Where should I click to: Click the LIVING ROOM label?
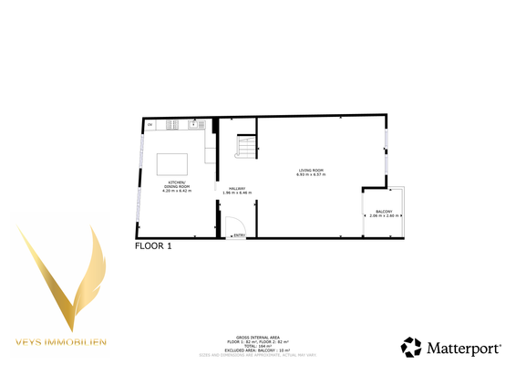click(x=311, y=171)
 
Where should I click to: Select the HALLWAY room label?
click(x=235, y=188)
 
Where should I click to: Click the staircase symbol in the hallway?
click(x=246, y=146)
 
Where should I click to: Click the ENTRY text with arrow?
click(x=238, y=236)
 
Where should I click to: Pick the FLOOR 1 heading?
click(x=153, y=245)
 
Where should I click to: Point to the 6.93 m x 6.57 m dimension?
click(x=311, y=175)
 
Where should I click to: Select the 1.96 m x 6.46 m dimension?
click(x=235, y=193)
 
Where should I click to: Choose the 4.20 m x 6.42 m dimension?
click(x=174, y=191)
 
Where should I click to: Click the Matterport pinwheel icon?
click(x=412, y=348)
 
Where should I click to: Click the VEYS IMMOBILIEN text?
click(x=61, y=342)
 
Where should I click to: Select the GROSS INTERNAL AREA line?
click(x=257, y=335)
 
